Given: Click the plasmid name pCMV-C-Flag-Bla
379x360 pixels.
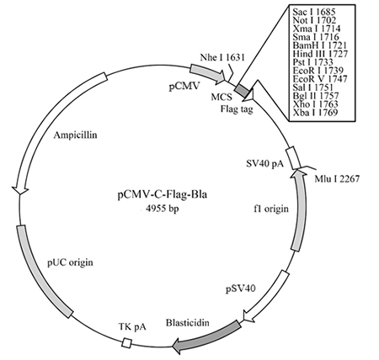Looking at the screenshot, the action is (x=162, y=194).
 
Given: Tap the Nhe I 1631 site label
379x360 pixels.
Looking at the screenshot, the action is (x=222, y=57).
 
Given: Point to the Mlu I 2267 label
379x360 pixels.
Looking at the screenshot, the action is (x=337, y=178).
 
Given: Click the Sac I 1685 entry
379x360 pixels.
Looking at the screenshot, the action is (x=314, y=12).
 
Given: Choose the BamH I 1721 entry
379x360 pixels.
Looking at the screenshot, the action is (x=320, y=45).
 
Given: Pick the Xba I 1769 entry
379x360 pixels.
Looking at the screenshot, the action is (x=315, y=113).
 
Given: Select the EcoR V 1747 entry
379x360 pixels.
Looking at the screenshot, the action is (x=320, y=79).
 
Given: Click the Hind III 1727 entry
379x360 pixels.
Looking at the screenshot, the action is (x=320, y=54).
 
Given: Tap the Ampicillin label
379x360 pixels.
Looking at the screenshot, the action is (x=75, y=135).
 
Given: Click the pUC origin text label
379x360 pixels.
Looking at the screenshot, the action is (x=70, y=262).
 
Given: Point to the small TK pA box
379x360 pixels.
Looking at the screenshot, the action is (x=127, y=343).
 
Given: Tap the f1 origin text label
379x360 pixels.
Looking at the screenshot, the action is (x=271, y=209).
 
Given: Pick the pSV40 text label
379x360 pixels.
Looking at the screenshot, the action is (x=241, y=289).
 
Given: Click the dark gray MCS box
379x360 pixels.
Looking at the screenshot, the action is (x=242, y=90).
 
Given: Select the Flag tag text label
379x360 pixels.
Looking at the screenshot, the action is (x=237, y=109).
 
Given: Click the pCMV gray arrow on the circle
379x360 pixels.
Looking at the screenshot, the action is (x=208, y=73).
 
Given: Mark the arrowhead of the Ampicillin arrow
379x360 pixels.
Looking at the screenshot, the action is (x=19, y=190).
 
